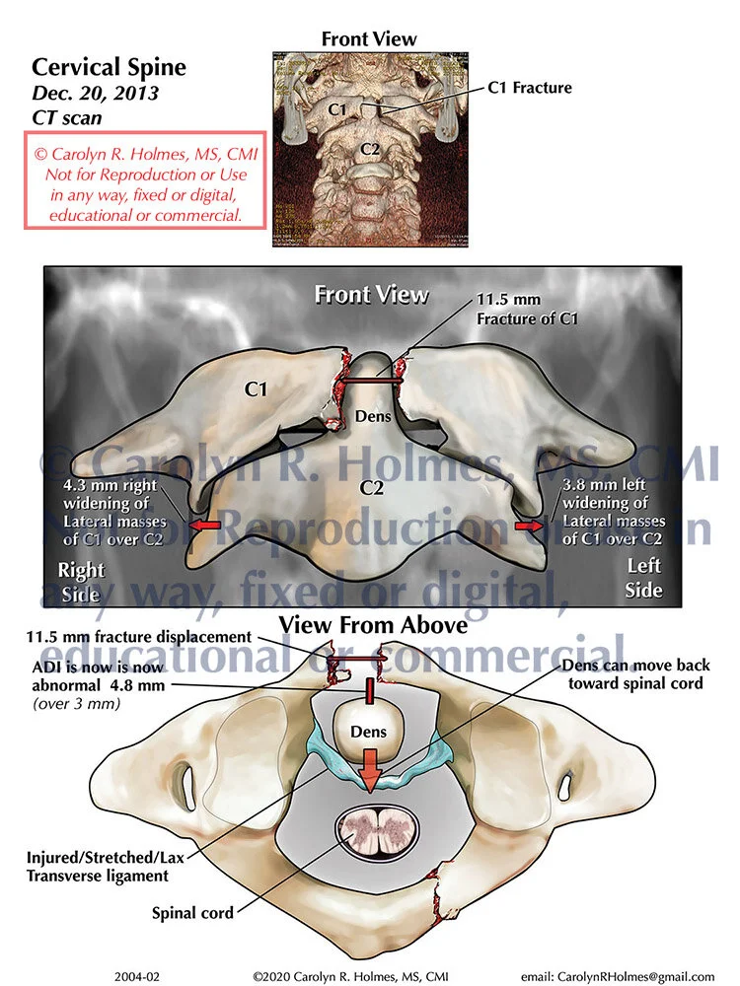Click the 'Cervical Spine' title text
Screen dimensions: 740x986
click(x=109, y=67)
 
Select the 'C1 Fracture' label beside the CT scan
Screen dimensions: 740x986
click(x=530, y=88)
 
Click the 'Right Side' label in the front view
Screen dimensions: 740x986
click(x=80, y=582)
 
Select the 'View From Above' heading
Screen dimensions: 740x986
click(x=373, y=624)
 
